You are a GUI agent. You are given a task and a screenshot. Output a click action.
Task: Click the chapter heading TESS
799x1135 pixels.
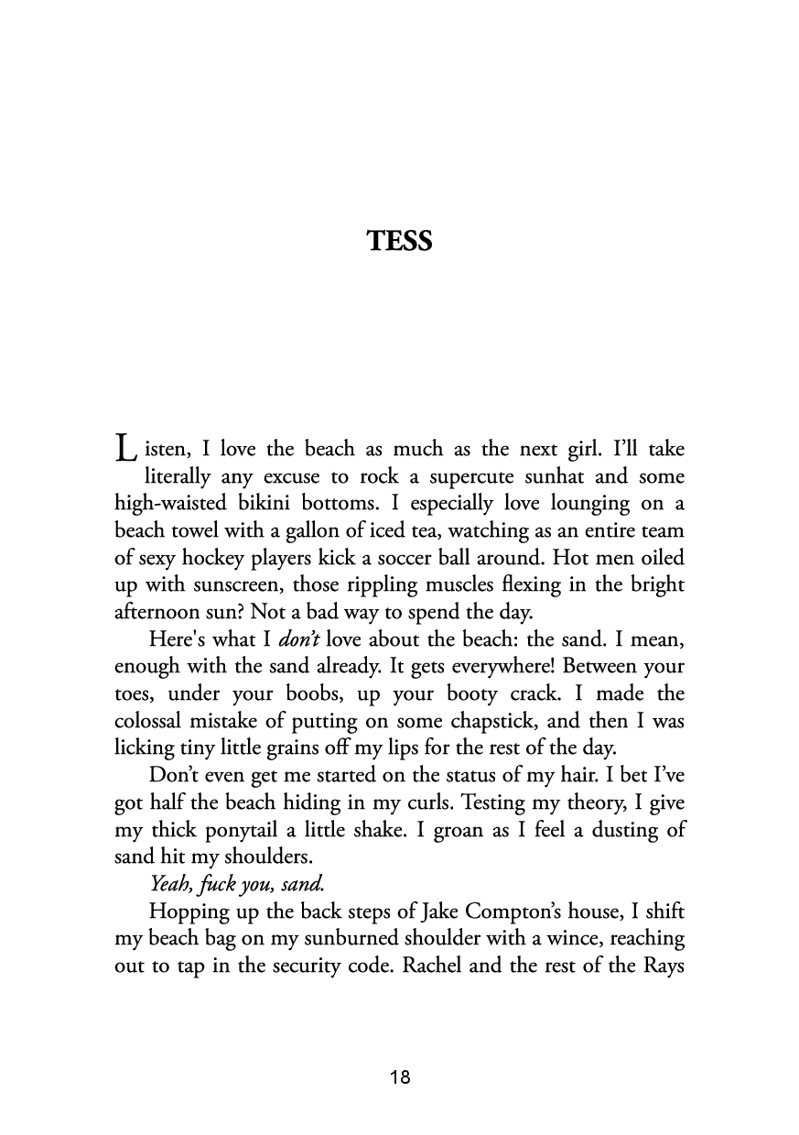(x=399, y=241)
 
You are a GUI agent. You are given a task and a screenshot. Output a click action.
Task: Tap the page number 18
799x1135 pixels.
(x=399, y=1077)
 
